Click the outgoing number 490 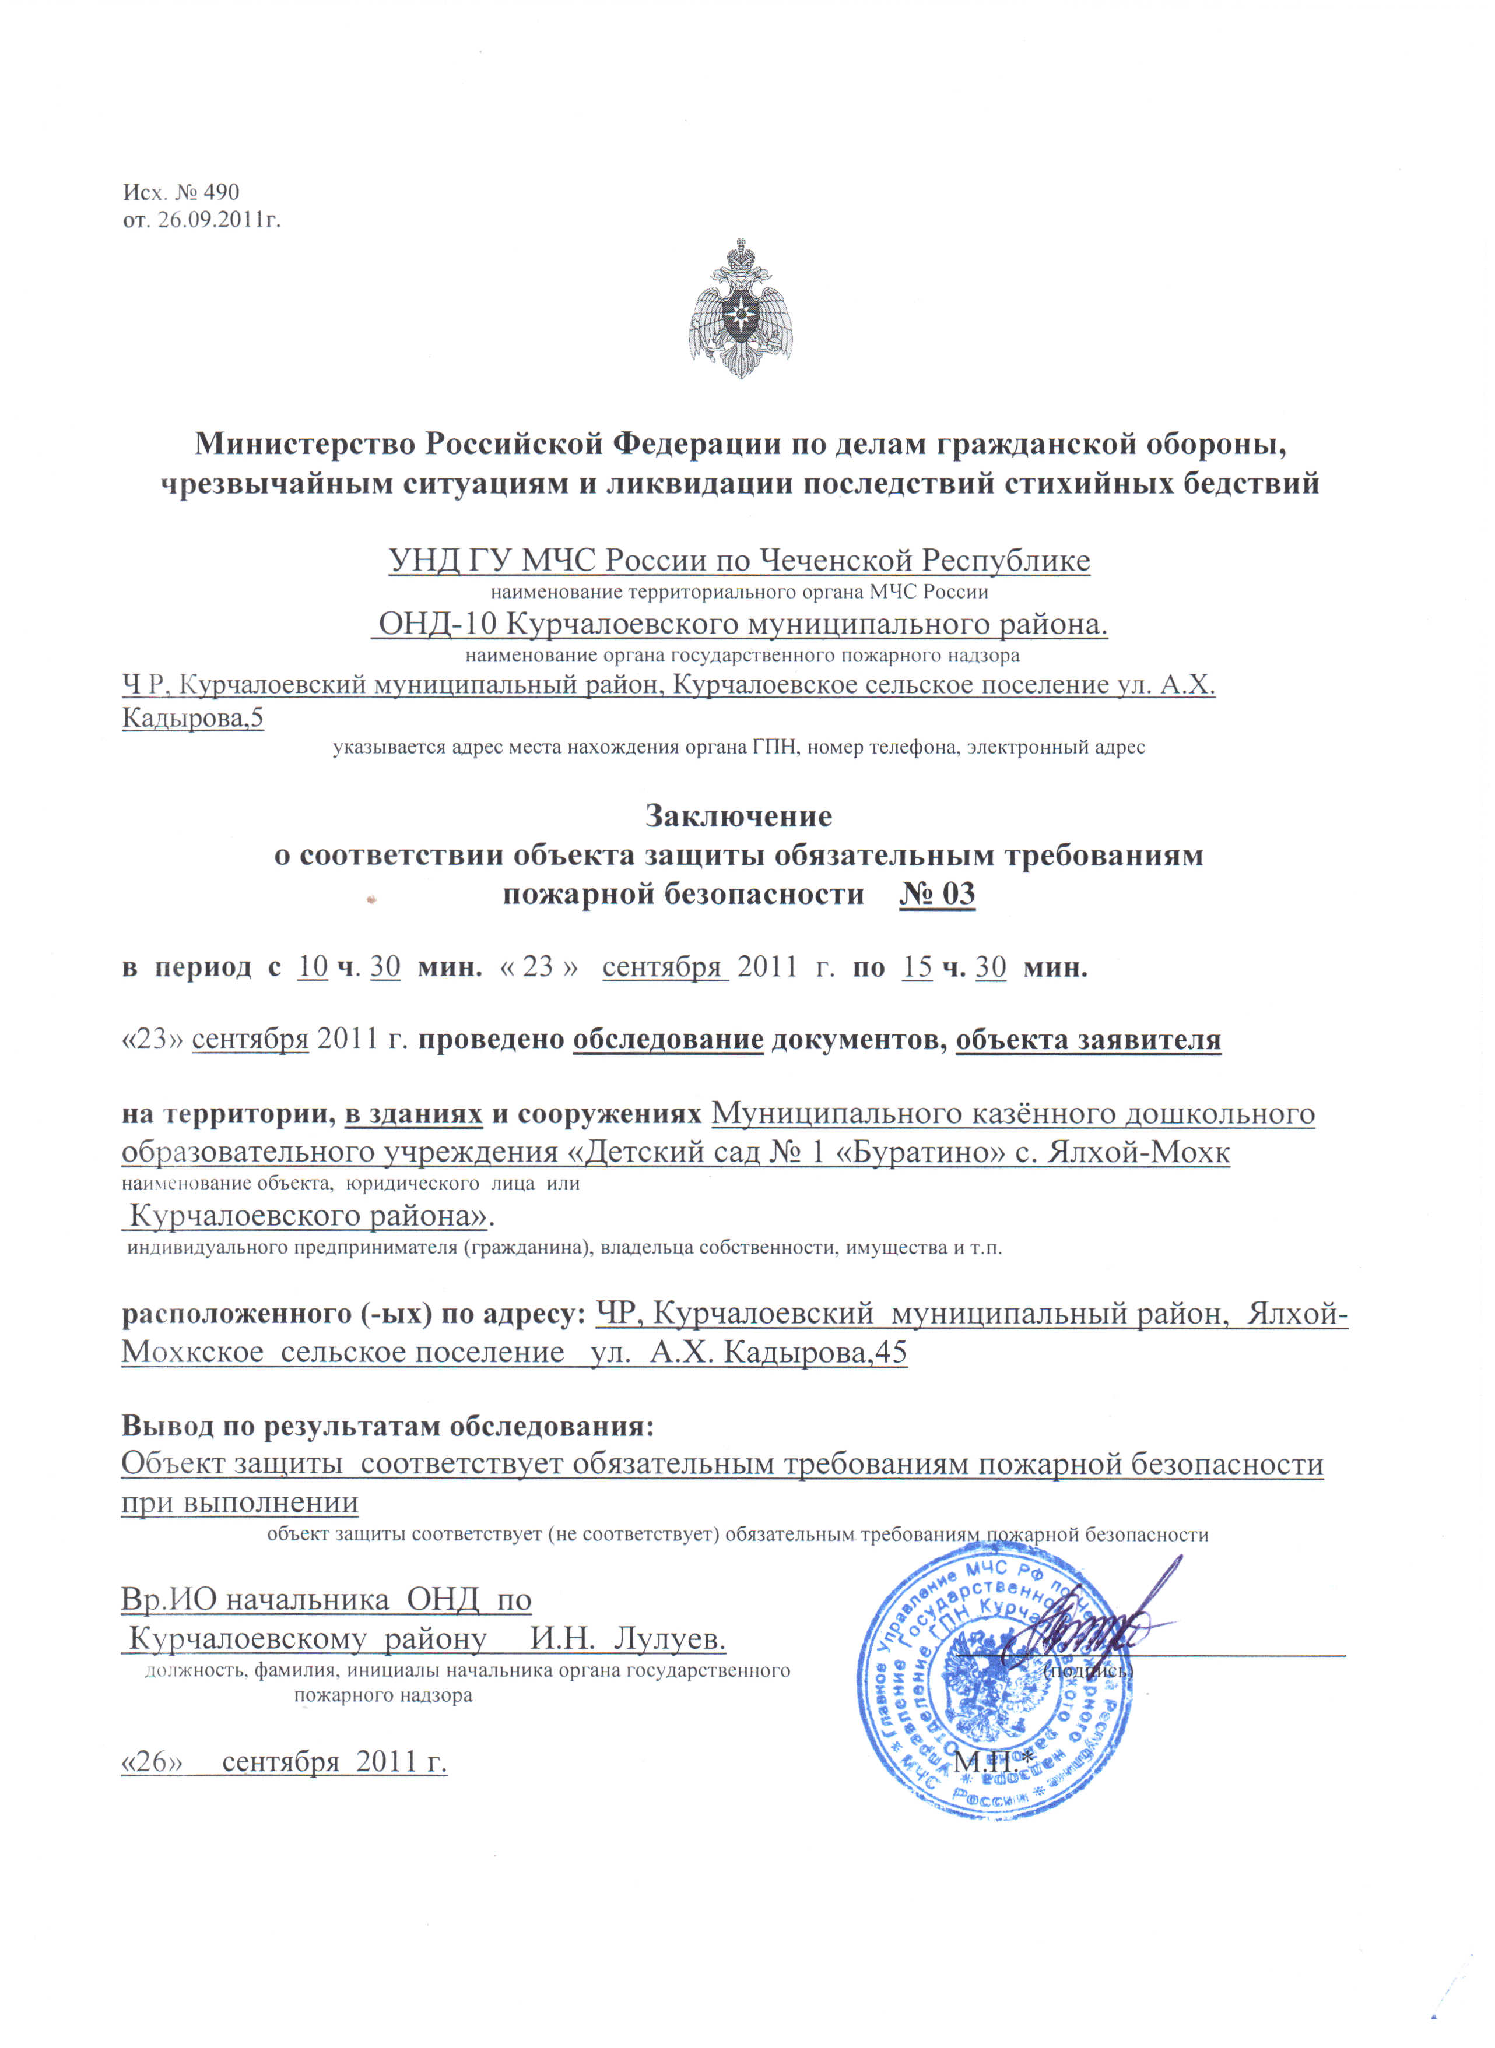[x=221, y=192]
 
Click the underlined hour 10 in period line [x=312, y=967]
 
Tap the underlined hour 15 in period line [x=917, y=967]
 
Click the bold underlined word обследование [x=668, y=1040]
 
